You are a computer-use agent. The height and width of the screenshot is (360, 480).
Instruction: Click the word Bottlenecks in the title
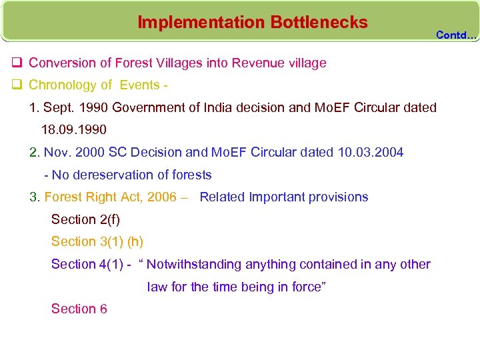319,22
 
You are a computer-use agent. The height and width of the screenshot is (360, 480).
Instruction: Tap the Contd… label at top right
457,35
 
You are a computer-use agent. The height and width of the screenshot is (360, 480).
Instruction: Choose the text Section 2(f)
85,219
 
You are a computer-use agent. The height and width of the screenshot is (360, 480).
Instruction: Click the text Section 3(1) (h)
97,241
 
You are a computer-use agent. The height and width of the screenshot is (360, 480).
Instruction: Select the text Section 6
79,309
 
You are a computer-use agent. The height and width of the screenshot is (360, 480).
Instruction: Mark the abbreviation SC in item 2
119,152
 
